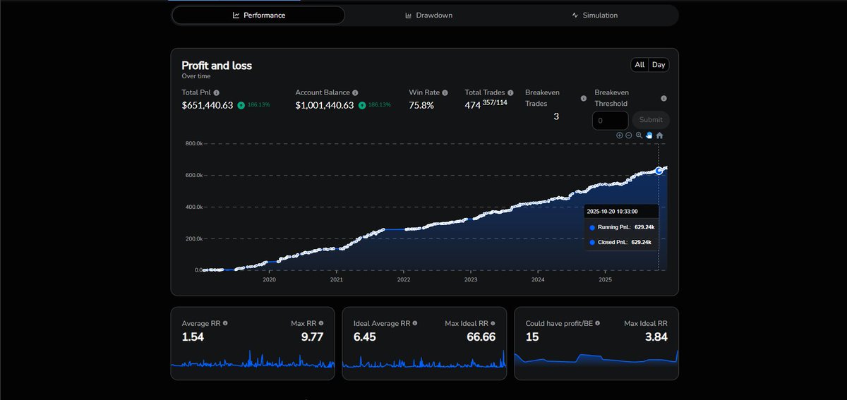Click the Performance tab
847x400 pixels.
(x=258, y=15)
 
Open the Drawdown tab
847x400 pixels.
(x=429, y=15)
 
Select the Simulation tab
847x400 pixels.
(x=595, y=15)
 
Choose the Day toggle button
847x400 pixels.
(x=659, y=65)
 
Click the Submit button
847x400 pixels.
(x=650, y=120)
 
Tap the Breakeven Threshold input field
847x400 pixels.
(x=611, y=121)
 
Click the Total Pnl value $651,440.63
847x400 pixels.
(x=208, y=105)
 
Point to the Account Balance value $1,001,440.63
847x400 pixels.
(x=325, y=105)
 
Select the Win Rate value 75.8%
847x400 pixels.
(x=421, y=105)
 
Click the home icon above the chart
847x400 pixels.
(x=659, y=135)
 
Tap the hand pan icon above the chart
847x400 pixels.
(x=649, y=135)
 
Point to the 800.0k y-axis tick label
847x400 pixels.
(x=194, y=143)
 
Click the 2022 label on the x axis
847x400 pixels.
(x=404, y=279)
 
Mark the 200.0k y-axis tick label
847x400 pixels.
(x=194, y=238)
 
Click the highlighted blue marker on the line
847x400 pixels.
(x=659, y=171)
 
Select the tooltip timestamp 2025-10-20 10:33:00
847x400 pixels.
(x=612, y=212)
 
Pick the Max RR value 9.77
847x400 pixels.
(x=312, y=337)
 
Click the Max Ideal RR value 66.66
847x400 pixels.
(x=481, y=337)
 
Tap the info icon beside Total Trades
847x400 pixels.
(x=510, y=92)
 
